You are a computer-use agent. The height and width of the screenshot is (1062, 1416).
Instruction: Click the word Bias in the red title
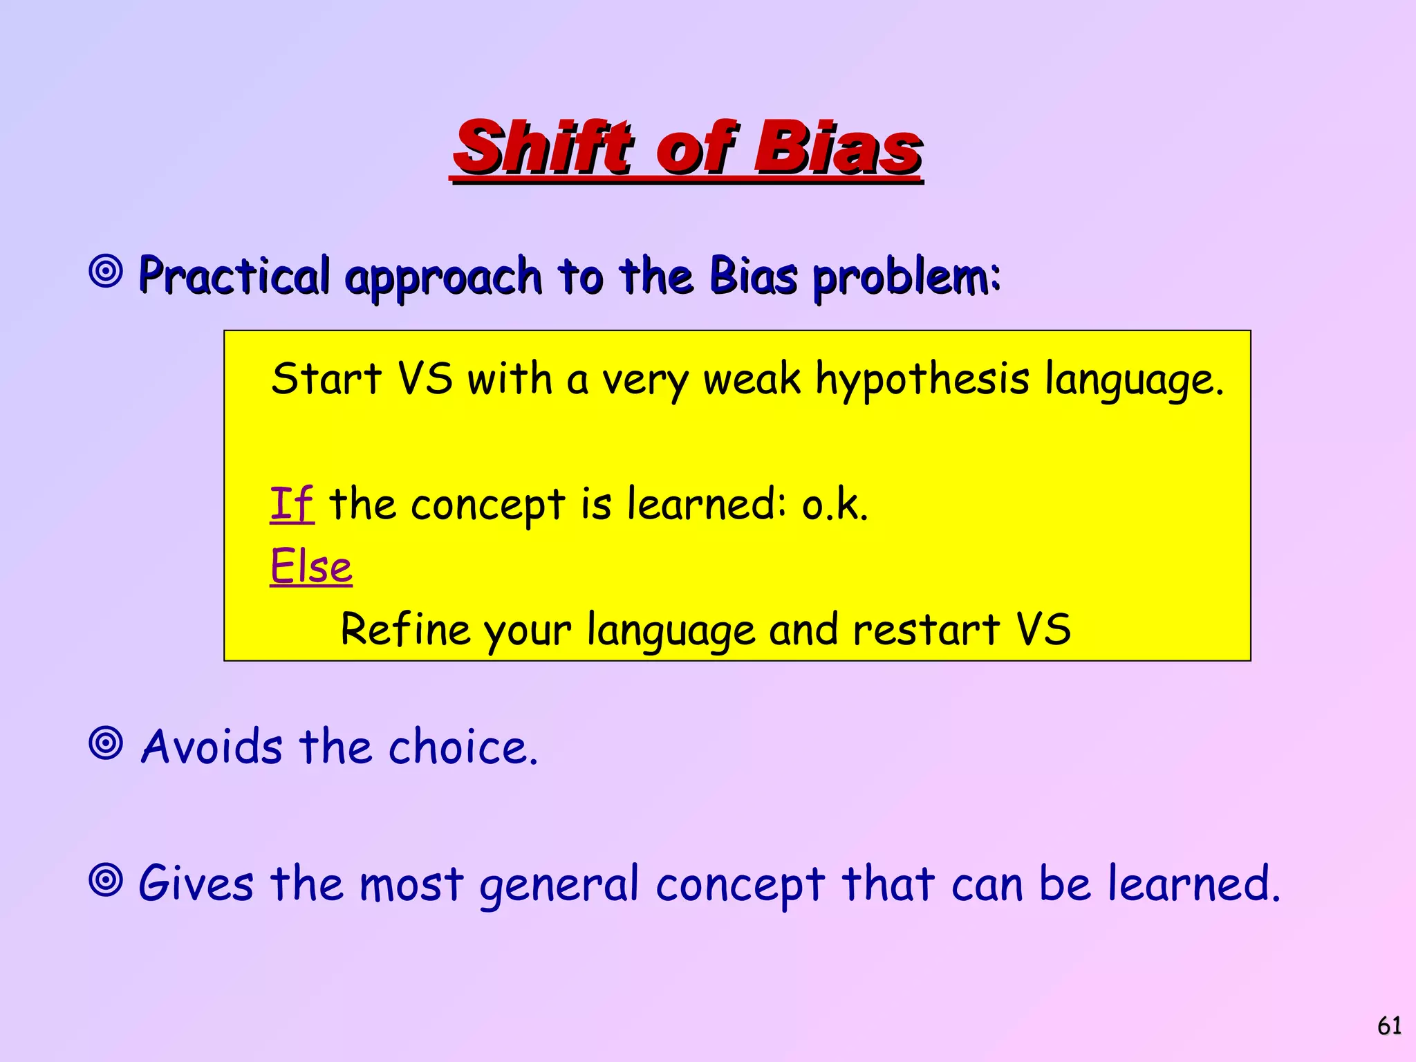coord(837,147)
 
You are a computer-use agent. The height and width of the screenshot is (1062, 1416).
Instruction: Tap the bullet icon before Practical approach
coord(106,271)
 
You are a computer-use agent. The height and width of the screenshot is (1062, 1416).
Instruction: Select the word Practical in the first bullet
coord(234,275)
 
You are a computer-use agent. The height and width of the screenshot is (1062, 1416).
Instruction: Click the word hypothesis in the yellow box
coord(922,380)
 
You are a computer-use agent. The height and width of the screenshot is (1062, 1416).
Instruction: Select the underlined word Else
coord(311,566)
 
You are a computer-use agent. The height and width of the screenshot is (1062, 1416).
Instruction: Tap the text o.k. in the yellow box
coord(835,505)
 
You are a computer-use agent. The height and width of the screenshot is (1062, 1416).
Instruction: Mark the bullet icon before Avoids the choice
coord(106,743)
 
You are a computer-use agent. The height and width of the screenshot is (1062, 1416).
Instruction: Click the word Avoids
coord(212,747)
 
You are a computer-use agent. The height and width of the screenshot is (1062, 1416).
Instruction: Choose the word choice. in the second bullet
coord(463,747)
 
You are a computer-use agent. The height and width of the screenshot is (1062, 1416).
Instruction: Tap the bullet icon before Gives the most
coord(106,880)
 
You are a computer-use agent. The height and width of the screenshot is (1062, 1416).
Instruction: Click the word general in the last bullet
coord(559,885)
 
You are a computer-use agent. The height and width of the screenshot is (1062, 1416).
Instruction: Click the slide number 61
coord(1389,1025)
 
